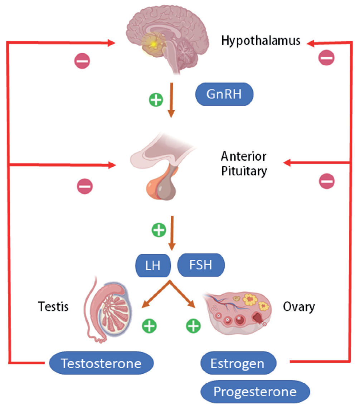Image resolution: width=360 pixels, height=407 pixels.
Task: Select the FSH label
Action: click(201, 265)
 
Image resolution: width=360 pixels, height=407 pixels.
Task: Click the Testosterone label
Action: click(101, 364)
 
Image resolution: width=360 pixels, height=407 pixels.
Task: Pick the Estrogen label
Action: click(238, 364)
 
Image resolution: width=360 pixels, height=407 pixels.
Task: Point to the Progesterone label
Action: click(255, 392)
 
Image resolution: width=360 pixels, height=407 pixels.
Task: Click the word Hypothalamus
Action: click(261, 40)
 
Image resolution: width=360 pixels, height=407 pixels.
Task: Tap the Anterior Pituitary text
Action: click(244, 164)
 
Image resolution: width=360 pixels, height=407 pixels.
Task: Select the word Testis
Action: click(53, 307)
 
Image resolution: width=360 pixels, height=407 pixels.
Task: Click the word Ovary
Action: click(299, 307)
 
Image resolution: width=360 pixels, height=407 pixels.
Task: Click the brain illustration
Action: click(163, 38)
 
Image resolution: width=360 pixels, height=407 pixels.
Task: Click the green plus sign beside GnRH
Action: click(156, 100)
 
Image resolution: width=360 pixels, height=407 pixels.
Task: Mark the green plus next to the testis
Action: click(150, 325)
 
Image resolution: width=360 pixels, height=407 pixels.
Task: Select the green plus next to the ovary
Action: click(194, 325)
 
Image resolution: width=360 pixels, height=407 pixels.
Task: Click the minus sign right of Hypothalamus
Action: click(326, 57)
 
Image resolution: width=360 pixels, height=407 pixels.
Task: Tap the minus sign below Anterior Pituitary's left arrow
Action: click(85, 186)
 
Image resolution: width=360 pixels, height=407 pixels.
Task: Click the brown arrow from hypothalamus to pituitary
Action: click(171, 100)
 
